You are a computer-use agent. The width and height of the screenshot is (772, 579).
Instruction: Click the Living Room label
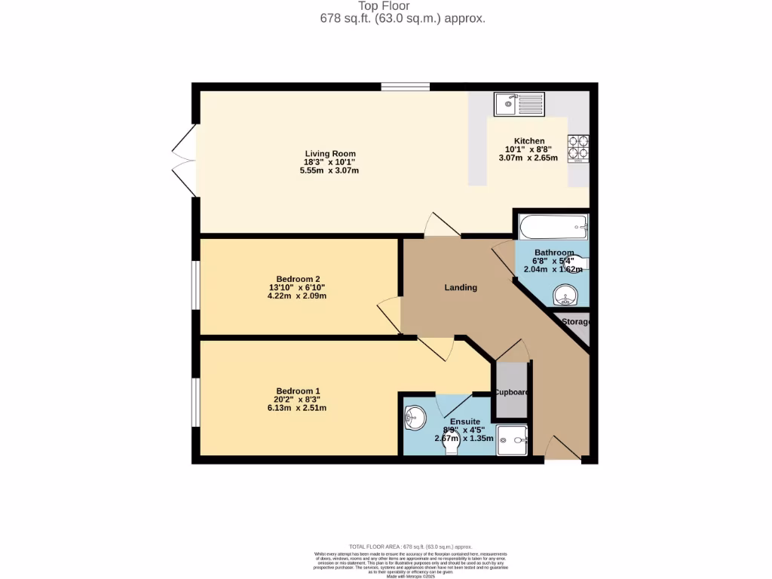[x=330, y=154]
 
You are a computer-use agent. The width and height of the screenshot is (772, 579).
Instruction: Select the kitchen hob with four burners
[x=578, y=149]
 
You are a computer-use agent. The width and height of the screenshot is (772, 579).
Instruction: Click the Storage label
[x=575, y=322]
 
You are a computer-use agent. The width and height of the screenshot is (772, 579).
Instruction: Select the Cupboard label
[x=512, y=392]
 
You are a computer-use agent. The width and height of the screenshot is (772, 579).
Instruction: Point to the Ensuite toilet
[x=452, y=446]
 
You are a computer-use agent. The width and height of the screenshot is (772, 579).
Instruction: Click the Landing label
[x=460, y=287]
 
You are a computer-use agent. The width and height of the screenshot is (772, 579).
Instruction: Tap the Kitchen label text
[x=529, y=141]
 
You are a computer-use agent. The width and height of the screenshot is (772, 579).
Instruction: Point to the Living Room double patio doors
[x=183, y=161]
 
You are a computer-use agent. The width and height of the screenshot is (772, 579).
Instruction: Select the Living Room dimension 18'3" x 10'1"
[x=329, y=162]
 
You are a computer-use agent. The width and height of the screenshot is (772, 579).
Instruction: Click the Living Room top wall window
[x=405, y=87]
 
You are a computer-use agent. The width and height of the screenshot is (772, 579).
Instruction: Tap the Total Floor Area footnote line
[x=410, y=547]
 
